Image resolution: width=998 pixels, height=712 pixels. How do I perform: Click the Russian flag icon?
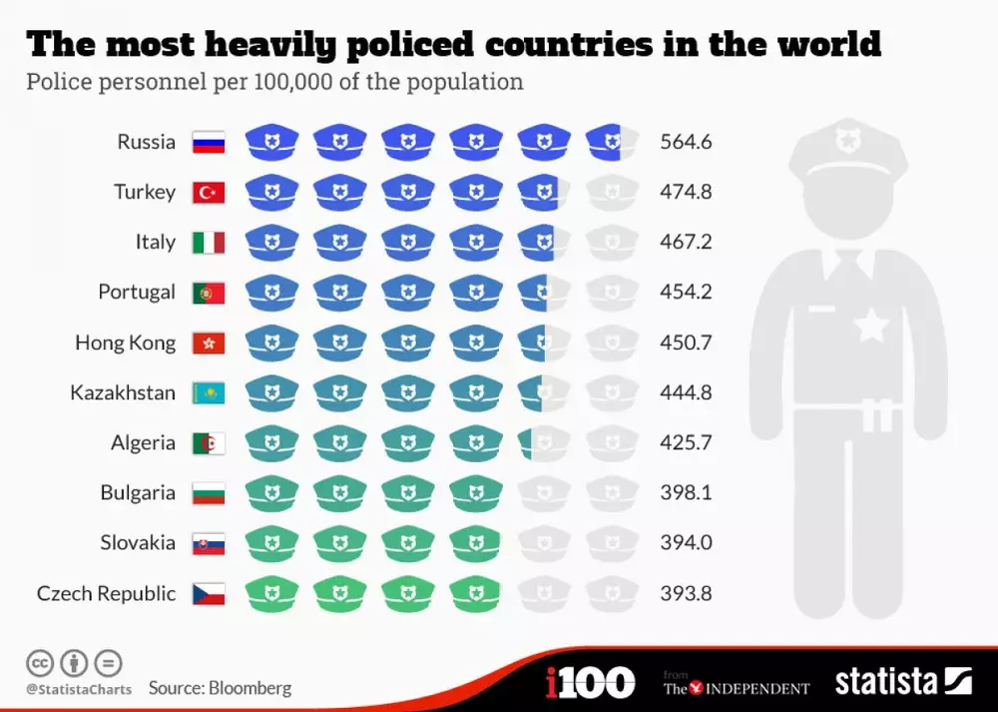pyautogui.click(x=209, y=142)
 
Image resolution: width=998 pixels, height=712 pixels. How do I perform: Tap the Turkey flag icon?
pyautogui.click(x=209, y=192)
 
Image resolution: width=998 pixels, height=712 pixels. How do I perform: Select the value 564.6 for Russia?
pyautogui.click(x=686, y=142)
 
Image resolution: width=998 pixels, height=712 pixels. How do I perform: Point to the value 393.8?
pyautogui.click(x=686, y=593)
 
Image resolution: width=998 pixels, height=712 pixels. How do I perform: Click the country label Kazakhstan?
pyautogui.click(x=123, y=392)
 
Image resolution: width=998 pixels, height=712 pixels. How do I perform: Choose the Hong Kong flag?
pyautogui.click(x=209, y=343)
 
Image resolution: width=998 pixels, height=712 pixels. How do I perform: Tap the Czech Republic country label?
pyautogui.click(x=107, y=593)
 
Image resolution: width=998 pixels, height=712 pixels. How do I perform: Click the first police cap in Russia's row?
pyautogui.click(x=271, y=142)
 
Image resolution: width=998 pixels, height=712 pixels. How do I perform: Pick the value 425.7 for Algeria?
pyautogui.click(x=686, y=442)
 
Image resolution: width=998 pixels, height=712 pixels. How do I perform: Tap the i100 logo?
pyautogui.click(x=592, y=682)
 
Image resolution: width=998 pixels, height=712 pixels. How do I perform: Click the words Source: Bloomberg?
pyautogui.click(x=221, y=687)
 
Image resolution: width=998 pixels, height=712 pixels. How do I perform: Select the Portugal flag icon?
pyautogui.click(x=209, y=293)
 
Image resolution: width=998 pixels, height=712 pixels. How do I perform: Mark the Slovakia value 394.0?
pyautogui.click(x=686, y=543)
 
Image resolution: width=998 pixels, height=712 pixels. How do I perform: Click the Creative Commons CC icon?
pyautogui.click(x=40, y=662)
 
